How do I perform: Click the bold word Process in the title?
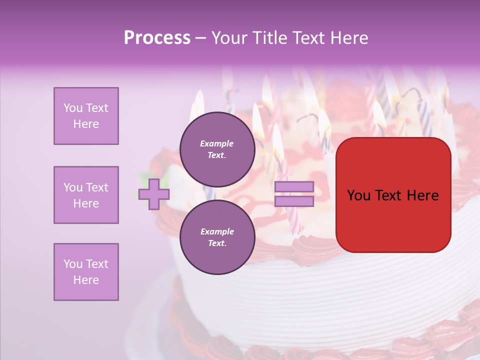[157, 38]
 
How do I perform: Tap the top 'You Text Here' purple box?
[86, 116]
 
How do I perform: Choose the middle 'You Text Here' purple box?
[86, 195]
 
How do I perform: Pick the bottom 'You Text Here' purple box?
[86, 272]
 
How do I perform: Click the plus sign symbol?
[153, 194]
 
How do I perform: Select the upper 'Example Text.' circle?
[217, 149]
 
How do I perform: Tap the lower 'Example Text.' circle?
[217, 237]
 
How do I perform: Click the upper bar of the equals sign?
[294, 187]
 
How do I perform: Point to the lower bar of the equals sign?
[294, 201]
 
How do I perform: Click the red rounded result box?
[393, 195]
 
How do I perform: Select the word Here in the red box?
[422, 195]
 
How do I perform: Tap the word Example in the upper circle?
[217, 143]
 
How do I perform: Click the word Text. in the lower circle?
[217, 243]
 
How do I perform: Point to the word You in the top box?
[72, 108]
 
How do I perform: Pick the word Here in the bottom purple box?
[86, 280]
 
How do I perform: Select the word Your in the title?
[228, 38]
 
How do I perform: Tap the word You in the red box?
[358, 195]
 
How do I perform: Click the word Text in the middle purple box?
[96, 187]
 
